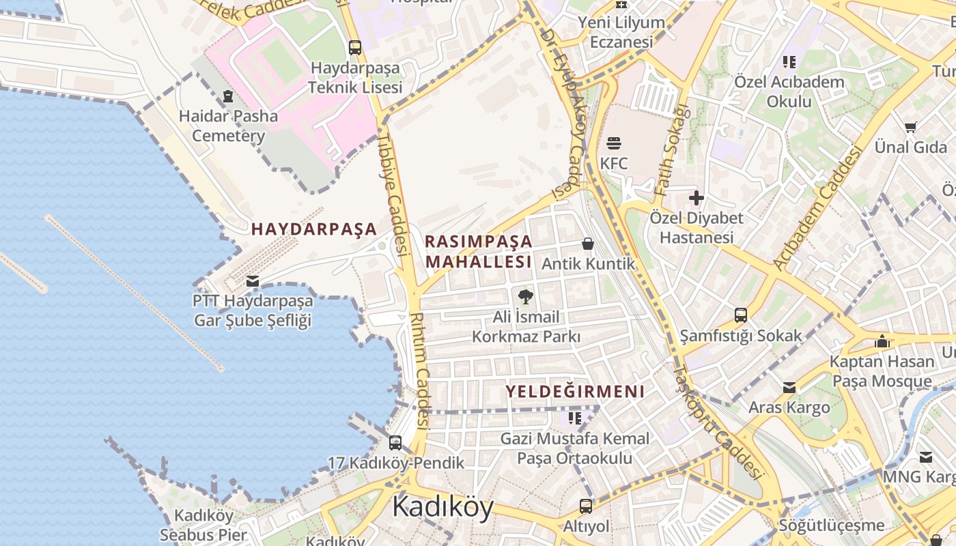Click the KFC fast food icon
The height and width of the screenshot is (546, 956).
(613, 143)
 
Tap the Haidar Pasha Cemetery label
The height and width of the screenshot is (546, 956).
(228, 126)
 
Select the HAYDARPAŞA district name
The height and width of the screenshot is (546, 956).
(314, 229)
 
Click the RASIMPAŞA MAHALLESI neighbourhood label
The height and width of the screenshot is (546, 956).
(478, 252)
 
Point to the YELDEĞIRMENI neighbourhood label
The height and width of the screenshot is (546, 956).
(575, 392)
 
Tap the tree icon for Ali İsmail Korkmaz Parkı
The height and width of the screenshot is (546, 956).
(525, 296)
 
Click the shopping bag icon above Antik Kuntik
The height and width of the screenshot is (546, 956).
(587, 244)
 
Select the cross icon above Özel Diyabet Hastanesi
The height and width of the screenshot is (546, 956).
(696, 199)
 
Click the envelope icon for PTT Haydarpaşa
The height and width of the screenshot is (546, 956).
(253, 281)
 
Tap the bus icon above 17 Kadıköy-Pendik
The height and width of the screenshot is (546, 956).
(395, 443)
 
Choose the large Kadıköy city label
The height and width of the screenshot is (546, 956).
(442, 507)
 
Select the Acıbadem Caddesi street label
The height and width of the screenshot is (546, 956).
(817, 208)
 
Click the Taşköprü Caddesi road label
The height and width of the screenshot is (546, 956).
(716, 421)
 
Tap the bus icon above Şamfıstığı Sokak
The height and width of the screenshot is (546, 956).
(741, 315)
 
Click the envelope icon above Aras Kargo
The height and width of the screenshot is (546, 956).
(789, 388)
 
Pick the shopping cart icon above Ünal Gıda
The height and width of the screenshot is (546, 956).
(910, 127)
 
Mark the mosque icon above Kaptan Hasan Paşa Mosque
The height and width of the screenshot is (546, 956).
(882, 341)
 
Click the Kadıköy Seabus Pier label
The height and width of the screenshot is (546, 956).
(203, 525)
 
